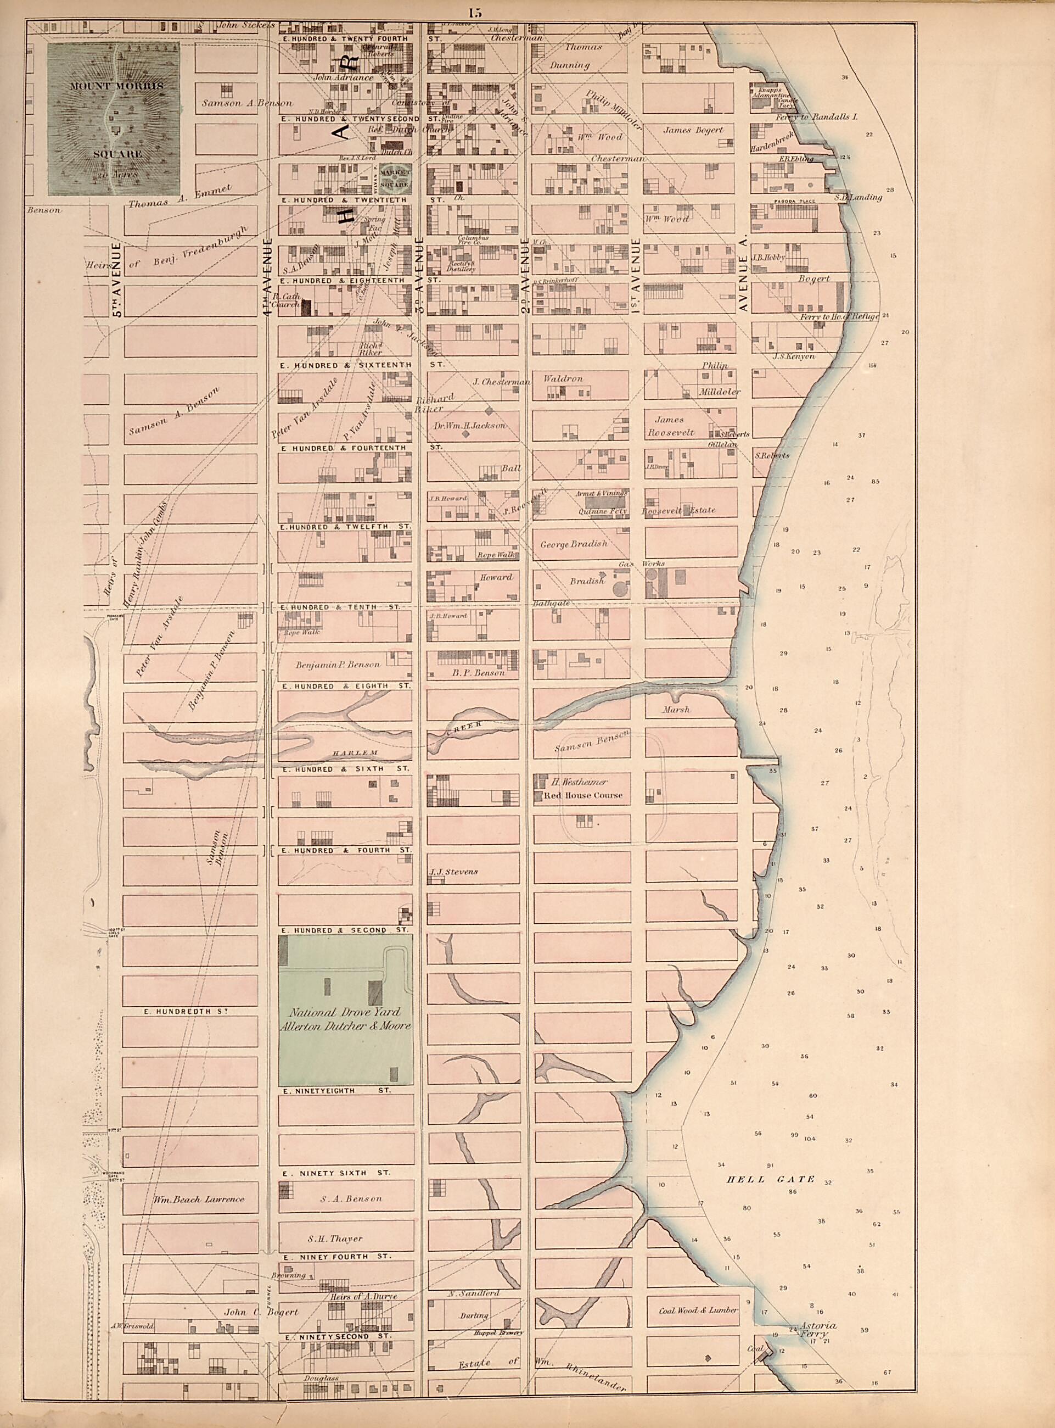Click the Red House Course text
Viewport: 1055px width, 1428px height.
click(x=582, y=795)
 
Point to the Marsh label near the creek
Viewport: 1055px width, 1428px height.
click(x=676, y=709)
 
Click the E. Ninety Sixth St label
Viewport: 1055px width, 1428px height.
click(x=336, y=1173)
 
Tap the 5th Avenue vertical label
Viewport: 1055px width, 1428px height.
click(x=117, y=281)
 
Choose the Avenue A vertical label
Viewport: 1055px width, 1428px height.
click(x=743, y=281)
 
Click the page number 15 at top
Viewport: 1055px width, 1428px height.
click(x=474, y=12)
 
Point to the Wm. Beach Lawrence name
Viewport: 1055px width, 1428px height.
click(x=199, y=1200)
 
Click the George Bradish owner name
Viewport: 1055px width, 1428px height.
click(x=574, y=544)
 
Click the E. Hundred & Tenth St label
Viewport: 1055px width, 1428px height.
click(x=340, y=606)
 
